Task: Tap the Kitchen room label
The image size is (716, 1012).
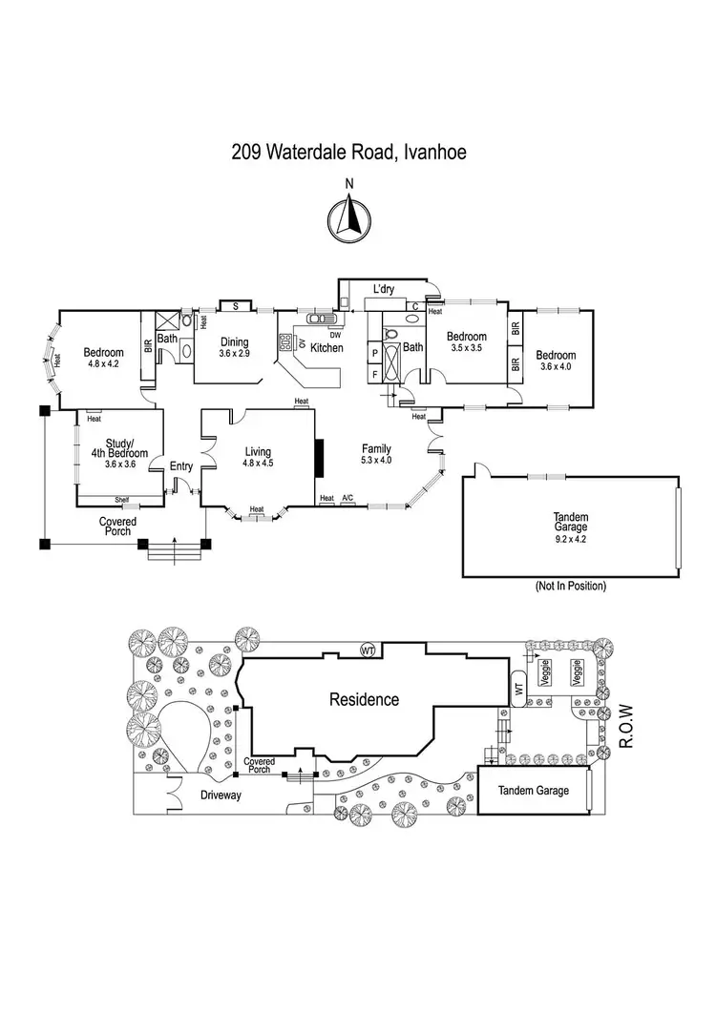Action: (x=326, y=348)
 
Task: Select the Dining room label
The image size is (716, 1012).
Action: (x=235, y=342)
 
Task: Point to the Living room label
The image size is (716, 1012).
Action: (x=258, y=452)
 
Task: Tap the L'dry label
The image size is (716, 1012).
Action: (x=384, y=289)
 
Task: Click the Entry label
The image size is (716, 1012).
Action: (x=180, y=466)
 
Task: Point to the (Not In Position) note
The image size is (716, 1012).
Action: (x=571, y=586)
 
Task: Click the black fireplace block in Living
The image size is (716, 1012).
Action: (x=319, y=456)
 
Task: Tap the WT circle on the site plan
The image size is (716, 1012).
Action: (x=367, y=651)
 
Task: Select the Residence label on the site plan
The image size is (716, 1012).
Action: (x=364, y=699)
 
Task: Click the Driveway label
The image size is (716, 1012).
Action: (x=225, y=794)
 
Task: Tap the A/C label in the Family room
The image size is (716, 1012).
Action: (x=347, y=498)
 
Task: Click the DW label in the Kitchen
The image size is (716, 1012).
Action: (x=334, y=335)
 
